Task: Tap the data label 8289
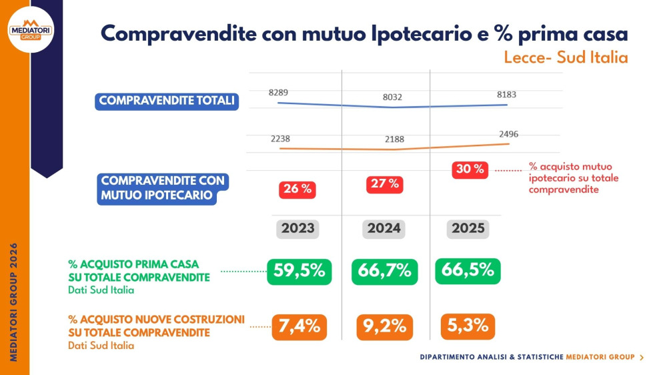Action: pyautogui.click(x=278, y=92)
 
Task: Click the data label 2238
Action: pyautogui.click(x=280, y=139)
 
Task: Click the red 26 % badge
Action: pyautogui.click(x=297, y=189)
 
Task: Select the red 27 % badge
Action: pyautogui.click(x=384, y=184)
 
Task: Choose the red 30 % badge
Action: pyautogui.click(x=470, y=169)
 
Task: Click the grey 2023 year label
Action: pyautogui.click(x=297, y=228)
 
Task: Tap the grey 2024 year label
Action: pyautogui.click(x=384, y=228)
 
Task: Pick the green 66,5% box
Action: pyautogui.click(x=468, y=270)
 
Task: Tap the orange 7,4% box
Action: pyautogui.click(x=299, y=327)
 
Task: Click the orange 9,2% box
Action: pyautogui.click(x=384, y=327)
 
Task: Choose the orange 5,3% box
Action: pyautogui.click(x=468, y=326)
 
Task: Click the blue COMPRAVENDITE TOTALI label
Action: pyautogui.click(x=167, y=101)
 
